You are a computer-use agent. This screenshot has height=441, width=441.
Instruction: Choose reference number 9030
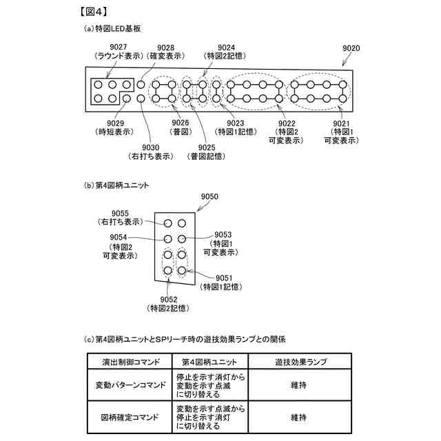(x=150, y=147)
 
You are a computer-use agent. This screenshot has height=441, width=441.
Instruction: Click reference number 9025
(x=206, y=147)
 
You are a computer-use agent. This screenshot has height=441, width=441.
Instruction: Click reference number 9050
(x=210, y=197)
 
